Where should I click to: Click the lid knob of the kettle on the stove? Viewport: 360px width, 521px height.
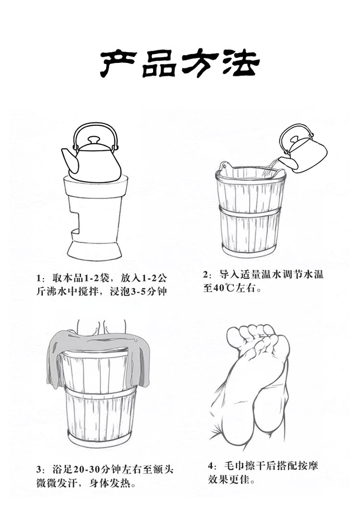94,140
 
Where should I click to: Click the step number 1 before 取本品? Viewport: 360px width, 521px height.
39,277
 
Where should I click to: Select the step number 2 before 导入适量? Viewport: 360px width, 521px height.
206,275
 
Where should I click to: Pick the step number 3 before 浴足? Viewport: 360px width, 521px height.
39,470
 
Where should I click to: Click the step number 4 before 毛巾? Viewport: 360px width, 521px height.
210,465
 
